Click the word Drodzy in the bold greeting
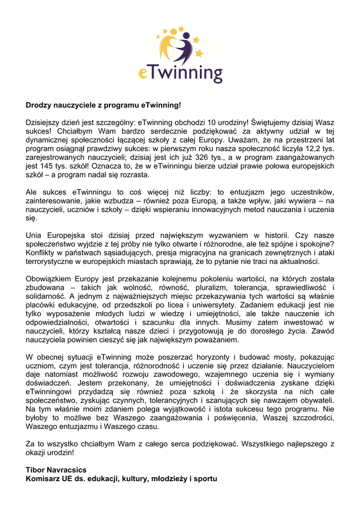click(x=38, y=105)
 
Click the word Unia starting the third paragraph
click(x=34, y=235)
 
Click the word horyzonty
click(x=205, y=357)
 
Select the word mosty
click(x=281, y=357)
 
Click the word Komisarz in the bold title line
click(x=43, y=479)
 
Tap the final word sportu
click(x=206, y=479)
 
